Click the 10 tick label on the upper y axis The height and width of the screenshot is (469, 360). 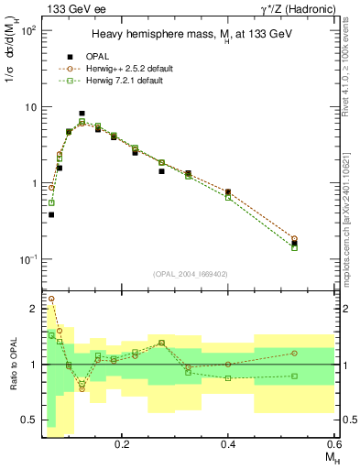(x=30, y=107)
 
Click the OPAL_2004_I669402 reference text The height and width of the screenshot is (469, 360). (x=190, y=273)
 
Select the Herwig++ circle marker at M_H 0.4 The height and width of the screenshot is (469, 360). (x=228, y=192)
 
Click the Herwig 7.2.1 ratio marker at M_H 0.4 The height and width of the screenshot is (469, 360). (x=228, y=378)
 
